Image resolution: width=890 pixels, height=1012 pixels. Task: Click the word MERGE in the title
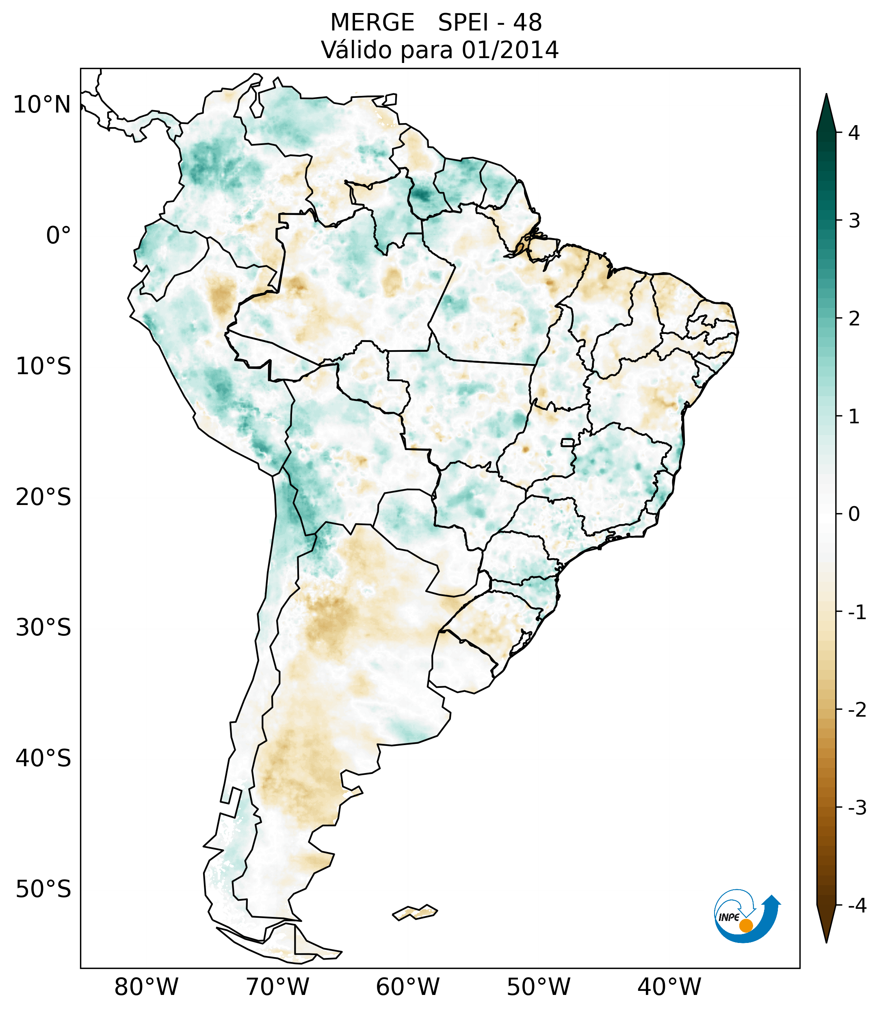pos(372,23)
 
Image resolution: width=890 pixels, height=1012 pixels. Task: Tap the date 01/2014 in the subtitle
pos(510,50)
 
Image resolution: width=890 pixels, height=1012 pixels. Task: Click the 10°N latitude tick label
pos(42,105)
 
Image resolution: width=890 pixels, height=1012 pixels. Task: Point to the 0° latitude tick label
pos(58,236)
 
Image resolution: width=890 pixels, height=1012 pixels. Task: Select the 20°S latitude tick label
pos(43,497)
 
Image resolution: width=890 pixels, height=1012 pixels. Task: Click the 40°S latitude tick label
pos(43,758)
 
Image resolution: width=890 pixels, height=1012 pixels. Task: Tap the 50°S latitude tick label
pos(43,889)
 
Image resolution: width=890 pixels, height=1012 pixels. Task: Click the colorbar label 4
pos(854,133)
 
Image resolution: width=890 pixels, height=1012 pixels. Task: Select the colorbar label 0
pos(854,514)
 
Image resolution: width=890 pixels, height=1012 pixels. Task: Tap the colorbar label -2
pos(857,710)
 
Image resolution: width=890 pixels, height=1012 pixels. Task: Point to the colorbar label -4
pos(857,906)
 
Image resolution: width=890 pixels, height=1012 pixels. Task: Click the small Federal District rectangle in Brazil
pos(568,442)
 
